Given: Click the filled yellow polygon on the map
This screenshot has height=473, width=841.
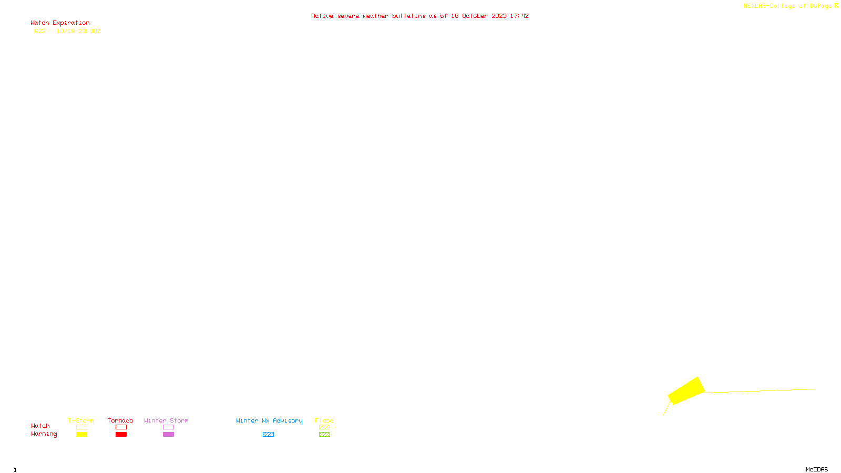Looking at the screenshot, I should (x=686, y=390).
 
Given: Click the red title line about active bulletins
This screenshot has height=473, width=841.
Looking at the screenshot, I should (x=419, y=16).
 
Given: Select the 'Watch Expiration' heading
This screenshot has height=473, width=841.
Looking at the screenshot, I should (x=60, y=23).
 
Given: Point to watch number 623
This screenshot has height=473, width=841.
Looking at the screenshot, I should (x=40, y=31).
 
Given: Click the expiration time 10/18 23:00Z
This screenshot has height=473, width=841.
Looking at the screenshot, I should (x=78, y=31).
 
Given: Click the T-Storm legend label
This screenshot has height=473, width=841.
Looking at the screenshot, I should (x=81, y=420).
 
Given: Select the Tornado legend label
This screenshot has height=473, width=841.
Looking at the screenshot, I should (x=120, y=420).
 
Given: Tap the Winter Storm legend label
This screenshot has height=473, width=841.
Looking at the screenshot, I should (x=166, y=420).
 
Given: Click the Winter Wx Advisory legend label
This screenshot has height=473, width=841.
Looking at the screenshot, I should (x=269, y=420).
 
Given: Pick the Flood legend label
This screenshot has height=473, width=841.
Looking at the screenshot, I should (x=324, y=420).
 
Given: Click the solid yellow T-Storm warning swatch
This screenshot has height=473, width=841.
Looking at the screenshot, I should (x=81, y=435).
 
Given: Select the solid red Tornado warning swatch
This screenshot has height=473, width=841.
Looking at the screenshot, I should (x=121, y=435).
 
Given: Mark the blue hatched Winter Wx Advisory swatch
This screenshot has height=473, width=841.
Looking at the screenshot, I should (x=268, y=435).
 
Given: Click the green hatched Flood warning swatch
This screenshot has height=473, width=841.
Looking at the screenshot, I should (x=324, y=435).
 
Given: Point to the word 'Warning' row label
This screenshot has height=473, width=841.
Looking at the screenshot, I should (x=44, y=434).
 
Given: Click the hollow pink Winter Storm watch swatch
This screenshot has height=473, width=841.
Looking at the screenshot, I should (x=168, y=427).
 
